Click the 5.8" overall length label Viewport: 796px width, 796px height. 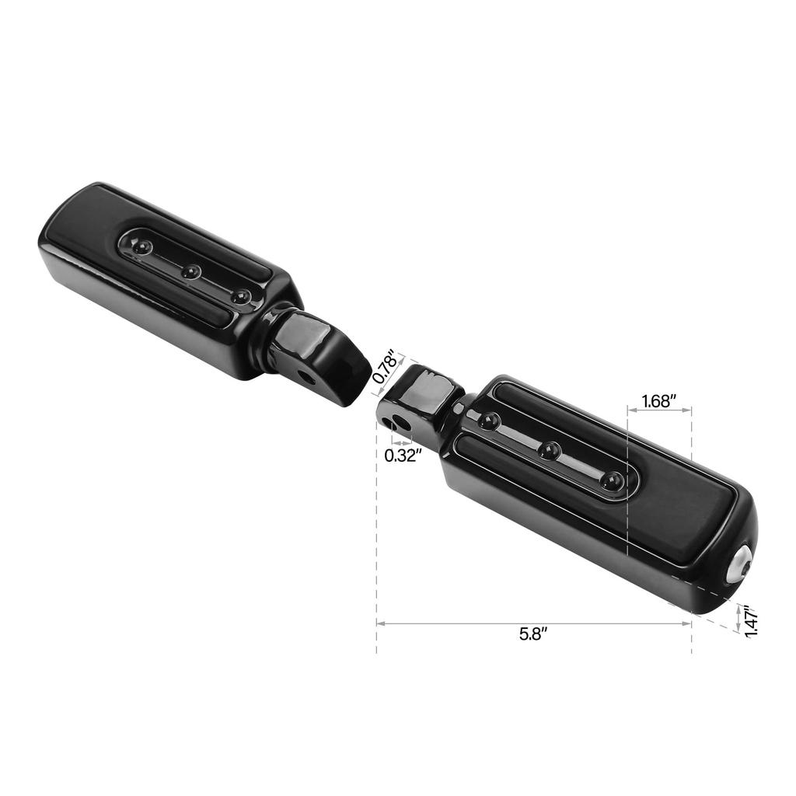pos(533,634)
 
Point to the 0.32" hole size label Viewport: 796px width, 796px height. pos(403,456)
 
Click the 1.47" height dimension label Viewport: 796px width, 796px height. pos(751,621)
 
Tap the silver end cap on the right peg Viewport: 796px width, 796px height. pos(739,562)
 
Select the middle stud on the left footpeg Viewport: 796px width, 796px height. pos(190,272)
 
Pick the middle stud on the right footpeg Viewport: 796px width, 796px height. pos(550,450)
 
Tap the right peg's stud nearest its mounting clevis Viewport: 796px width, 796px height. pos(488,421)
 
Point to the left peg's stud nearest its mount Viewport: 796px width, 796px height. pos(241,296)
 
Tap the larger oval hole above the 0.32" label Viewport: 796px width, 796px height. pos(400,424)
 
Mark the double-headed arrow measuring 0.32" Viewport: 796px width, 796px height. pos(401,442)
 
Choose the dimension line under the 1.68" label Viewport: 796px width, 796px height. pos(658,412)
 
